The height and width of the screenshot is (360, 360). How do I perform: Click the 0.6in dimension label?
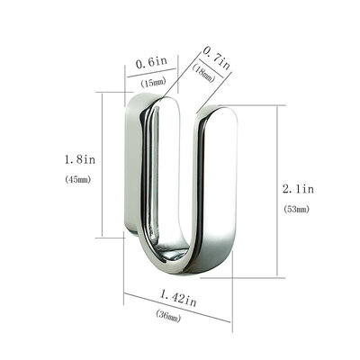(x=150, y=63)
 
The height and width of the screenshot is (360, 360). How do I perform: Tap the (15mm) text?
(x=151, y=82)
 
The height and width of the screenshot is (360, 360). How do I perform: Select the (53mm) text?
(x=293, y=209)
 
